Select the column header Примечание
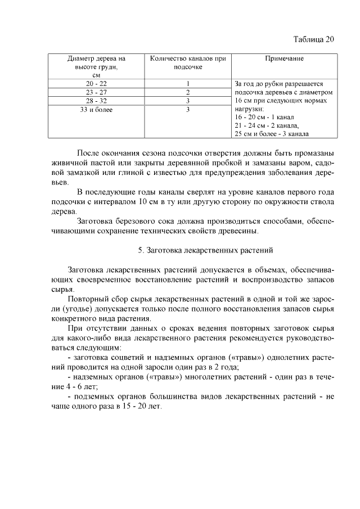285,59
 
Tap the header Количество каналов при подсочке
188,62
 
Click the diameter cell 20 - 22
96,83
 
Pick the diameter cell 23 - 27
96,92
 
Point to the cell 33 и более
96,110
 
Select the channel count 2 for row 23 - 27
188,92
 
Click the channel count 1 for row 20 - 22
188,83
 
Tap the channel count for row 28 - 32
188,101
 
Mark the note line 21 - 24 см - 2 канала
267,125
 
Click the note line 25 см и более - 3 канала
271,134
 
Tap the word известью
196,173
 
